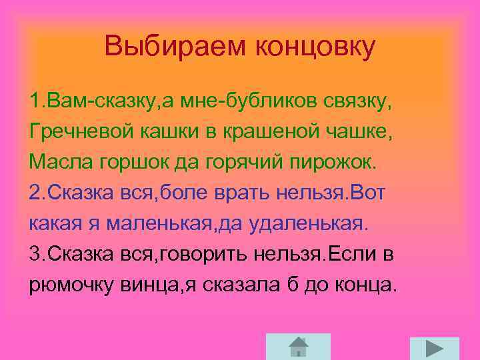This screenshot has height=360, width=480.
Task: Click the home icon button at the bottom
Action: [x=298, y=347]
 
